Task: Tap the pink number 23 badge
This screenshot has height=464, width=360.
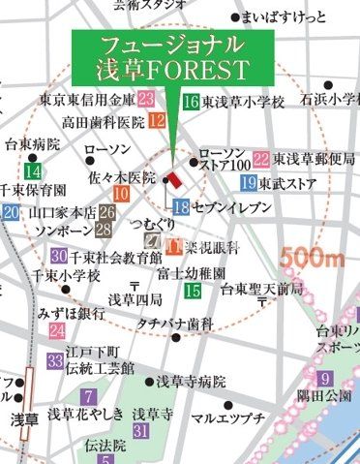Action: point(146,99)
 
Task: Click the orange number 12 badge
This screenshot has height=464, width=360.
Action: point(158,121)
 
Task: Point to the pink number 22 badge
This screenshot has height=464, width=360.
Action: point(260,159)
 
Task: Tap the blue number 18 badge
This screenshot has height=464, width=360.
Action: point(181,205)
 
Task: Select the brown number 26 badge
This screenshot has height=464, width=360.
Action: point(107,212)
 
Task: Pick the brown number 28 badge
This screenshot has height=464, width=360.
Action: point(103,230)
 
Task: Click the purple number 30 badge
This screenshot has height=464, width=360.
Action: point(58,256)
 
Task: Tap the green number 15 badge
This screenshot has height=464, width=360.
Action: point(193,290)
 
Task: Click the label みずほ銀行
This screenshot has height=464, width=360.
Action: point(72,313)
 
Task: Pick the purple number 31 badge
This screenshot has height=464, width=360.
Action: point(140,429)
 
